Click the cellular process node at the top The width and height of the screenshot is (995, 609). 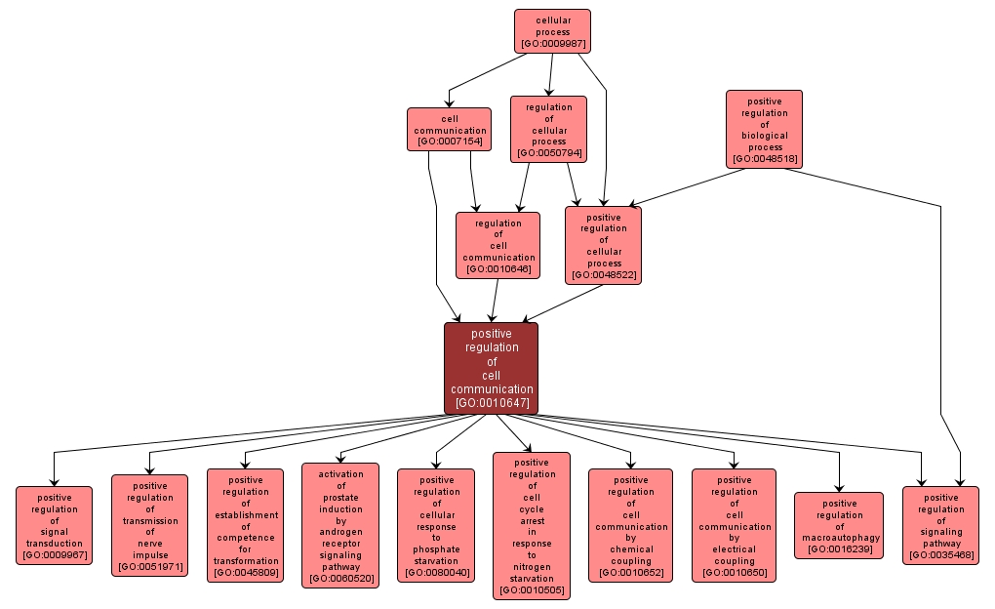pos(552,31)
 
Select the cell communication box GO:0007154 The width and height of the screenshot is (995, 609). pos(449,130)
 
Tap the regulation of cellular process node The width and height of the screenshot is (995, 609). pos(548,130)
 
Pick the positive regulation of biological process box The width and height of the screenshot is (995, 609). pos(764,130)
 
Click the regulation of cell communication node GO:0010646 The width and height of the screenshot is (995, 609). pos(497,246)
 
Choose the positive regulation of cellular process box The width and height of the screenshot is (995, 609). pos(603,246)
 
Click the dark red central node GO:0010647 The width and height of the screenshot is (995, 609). pos(491,368)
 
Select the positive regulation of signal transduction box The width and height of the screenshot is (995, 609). pos(54,526)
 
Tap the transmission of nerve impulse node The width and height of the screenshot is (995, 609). pos(149,526)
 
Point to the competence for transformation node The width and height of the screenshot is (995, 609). pos(245,526)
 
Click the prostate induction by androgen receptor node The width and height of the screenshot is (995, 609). pos(340,526)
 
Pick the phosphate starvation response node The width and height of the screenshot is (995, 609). pos(436,526)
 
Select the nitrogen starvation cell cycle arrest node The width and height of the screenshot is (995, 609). pos(532,526)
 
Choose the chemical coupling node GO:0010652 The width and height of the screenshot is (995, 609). pos(630,526)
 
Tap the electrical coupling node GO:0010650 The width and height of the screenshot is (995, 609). pos(734,526)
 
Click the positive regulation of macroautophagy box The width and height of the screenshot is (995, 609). pos(838,526)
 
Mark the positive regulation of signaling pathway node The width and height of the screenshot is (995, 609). pos(939,526)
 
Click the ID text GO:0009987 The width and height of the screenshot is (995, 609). pos(552,44)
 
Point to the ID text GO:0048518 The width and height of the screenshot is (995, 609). pos(764,158)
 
